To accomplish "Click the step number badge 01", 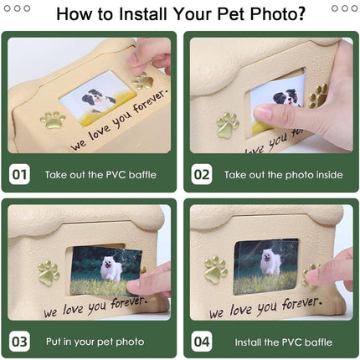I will (20, 175).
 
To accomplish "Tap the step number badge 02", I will (202, 175).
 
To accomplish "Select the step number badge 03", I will (20, 342).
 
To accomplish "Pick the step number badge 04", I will (202, 342).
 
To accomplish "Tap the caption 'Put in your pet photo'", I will (95, 342).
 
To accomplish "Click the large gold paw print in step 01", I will (54, 120).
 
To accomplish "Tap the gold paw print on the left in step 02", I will (228, 125).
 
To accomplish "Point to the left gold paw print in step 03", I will (49, 272).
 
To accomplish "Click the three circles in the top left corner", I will (17, 8).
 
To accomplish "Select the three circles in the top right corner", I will (344, 8).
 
